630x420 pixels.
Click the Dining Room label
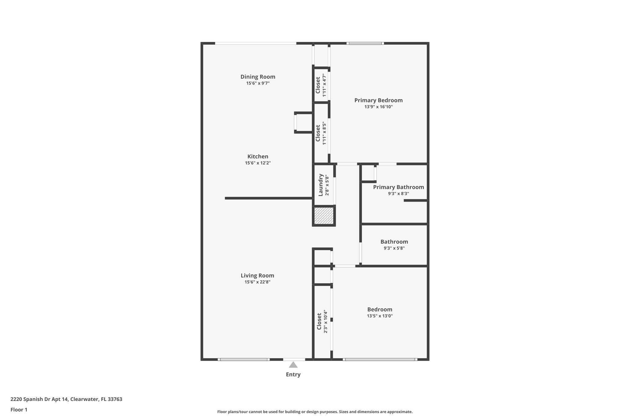coord(258,77)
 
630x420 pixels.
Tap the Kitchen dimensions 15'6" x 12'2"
coord(258,163)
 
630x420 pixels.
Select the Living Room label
coord(257,276)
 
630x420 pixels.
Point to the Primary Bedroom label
coord(378,100)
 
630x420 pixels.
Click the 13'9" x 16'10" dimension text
coord(378,107)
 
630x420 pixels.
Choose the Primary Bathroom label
coord(398,187)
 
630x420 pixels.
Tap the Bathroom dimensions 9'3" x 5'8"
coord(394,248)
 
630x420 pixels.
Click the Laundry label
coord(321,185)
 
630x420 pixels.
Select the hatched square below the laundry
coord(324,216)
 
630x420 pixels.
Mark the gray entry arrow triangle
coord(293,365)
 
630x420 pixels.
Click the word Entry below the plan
coord(293,374)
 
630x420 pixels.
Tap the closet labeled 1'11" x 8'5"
coord(321,133)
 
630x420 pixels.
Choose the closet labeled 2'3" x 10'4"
coord(322,322)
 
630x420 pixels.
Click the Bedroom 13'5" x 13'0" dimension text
coord(380,316)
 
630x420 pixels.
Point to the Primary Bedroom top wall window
coord(365,43)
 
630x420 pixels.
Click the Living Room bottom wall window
coord(244,359)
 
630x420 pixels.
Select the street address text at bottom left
coord(66,399)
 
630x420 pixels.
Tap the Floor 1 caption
coord(19,410)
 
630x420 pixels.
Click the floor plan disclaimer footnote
coord(315,412)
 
